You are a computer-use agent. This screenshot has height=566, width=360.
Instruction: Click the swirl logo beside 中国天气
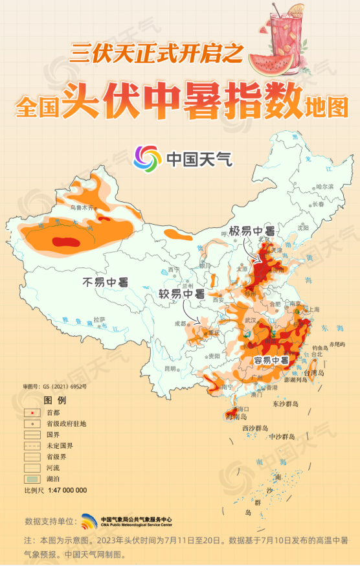(x=146, y=159)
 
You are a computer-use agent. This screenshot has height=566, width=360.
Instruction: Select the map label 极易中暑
(x=252, y=231)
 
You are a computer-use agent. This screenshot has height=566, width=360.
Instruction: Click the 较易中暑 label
(x=181, y=293)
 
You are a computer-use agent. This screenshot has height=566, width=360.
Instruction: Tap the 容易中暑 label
(x=271, y=360)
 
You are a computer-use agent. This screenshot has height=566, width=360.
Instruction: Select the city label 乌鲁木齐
(x=82, y=209)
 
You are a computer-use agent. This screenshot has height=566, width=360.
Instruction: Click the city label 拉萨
(x=99, y=319)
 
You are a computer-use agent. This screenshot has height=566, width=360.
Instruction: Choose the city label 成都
(x=180, y=324)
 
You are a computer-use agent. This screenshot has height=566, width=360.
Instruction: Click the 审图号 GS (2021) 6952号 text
(x=54, y=387)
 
